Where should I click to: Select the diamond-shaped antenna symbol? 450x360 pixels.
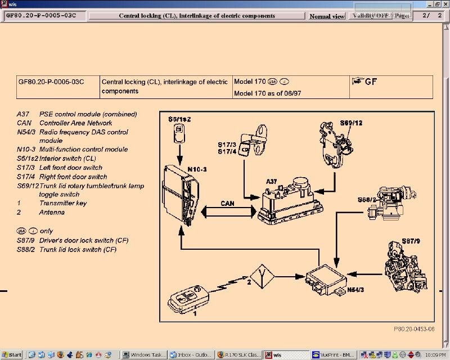262,276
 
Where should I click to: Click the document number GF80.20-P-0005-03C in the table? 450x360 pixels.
51,82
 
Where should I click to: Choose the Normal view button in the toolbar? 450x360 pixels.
327,16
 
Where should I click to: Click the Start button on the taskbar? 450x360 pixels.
12,355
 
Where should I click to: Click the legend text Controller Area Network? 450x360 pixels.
75,123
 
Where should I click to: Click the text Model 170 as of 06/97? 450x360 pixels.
267,93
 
